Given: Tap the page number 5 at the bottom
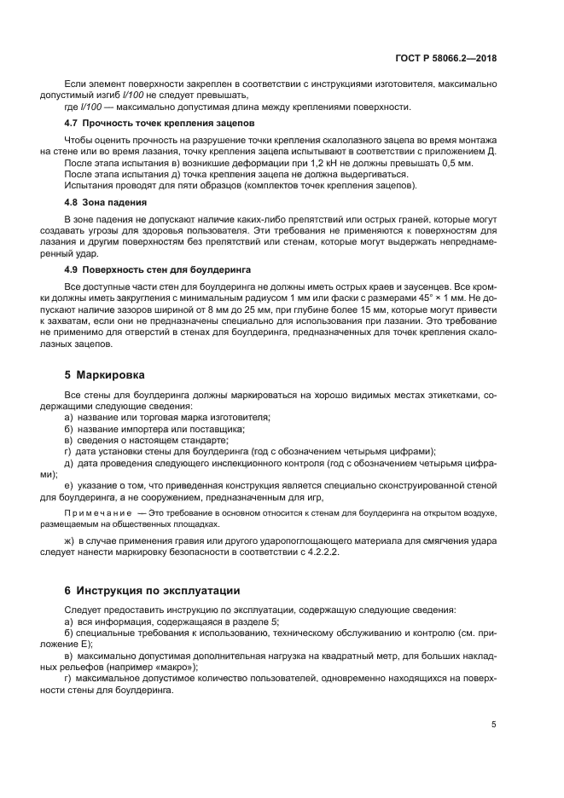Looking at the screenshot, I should pos(494,724).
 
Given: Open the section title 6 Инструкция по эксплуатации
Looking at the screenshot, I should pos(153,590).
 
